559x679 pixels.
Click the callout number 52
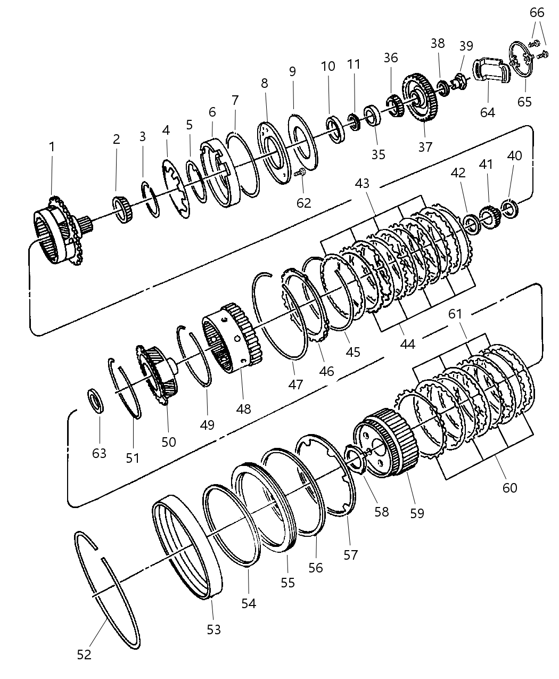point(84,655)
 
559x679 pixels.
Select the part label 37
point(425,146)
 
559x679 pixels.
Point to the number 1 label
point(52,146)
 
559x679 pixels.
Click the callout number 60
point(509,487)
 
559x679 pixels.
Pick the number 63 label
point(100,453)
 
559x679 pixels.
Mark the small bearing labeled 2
point(124,209)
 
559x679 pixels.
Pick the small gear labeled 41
point(487,217)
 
